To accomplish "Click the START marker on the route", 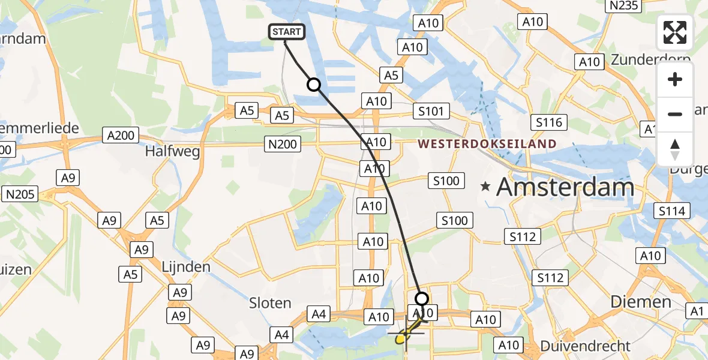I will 287,32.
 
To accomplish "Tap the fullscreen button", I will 675,33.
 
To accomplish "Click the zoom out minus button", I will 675,114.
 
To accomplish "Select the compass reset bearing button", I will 675,149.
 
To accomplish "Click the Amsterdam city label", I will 565,188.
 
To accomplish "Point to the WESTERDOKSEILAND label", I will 487,144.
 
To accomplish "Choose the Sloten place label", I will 270,303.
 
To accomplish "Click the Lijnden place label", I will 186,266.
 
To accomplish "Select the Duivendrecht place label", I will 586,346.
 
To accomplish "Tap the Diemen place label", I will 641,302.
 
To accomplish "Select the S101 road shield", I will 431,111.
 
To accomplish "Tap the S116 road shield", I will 550,123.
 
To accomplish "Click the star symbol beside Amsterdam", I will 485,188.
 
